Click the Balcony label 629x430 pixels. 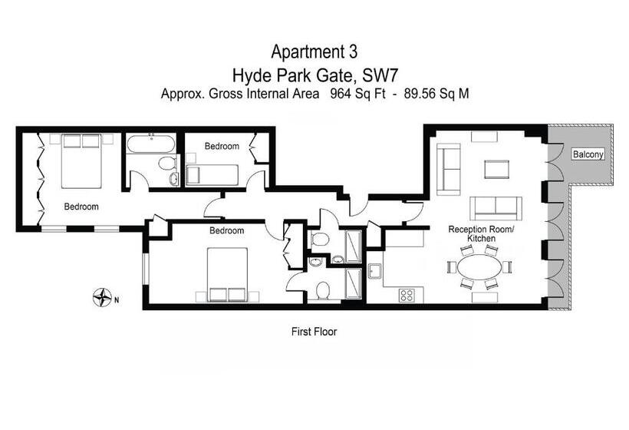coord(588,154)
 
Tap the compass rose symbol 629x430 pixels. coord(102,297)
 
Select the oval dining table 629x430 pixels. coord(479,266)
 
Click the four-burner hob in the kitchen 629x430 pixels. coord(407,295)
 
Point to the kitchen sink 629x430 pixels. coord(376,271)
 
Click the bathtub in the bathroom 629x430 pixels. coord(151,144)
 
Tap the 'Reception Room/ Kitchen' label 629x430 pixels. coord(481,233)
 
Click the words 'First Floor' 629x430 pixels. coord(314,332)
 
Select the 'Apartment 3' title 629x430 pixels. coord(314,51)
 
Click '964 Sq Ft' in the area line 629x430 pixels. coord(357,94)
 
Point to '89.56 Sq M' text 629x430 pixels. coord(436,94)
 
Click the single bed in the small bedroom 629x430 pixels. coord(212,174)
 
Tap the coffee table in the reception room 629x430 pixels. coord(496,169)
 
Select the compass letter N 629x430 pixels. coord(117,299)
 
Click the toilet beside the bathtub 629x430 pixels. coord(167,163)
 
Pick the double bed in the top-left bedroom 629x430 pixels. coord(81,161)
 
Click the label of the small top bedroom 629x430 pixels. coord(222,146)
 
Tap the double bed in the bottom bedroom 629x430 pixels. coord(228,275)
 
